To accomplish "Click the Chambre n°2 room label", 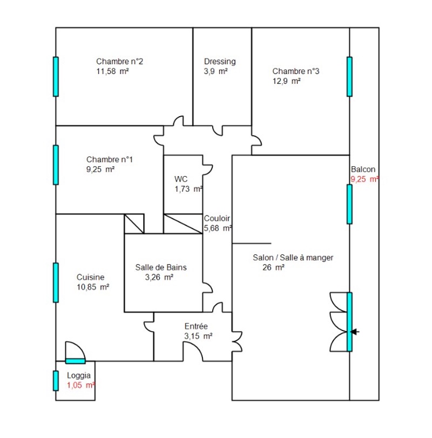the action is (119, 62).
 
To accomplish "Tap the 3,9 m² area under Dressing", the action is (215, 71).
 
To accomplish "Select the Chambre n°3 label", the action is (296, 71).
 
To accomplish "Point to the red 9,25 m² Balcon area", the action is (364, 179).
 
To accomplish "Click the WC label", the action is (181, 179).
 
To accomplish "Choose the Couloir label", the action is (217, 218).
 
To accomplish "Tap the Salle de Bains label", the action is (161, 267).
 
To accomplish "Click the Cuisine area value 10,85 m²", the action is (93, 287).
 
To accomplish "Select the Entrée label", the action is (196, 326).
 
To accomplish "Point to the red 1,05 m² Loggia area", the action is (80, 385).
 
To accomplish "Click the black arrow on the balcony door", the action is (355, 332).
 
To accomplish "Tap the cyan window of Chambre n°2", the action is (56, 77).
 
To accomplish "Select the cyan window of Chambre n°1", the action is (56, 165).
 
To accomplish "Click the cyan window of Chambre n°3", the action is (349, 77).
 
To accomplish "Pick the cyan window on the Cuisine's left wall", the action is (56, 282).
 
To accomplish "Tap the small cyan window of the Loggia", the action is (56, 381).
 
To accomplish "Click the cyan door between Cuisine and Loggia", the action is (76, 361).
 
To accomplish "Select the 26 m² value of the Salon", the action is (273, 267).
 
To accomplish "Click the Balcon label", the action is (363, 169).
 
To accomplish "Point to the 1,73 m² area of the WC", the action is (188, 189).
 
